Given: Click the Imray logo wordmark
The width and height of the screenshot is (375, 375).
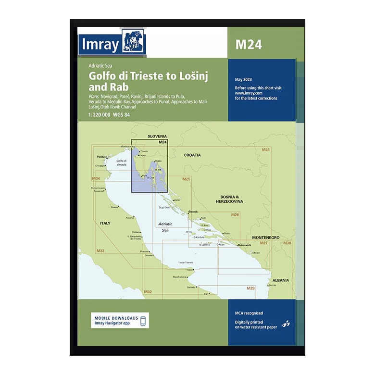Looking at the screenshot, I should [100, 45].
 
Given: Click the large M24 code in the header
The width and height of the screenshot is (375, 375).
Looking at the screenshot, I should [249, 44].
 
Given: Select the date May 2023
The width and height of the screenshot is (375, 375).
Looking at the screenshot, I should [243, 79].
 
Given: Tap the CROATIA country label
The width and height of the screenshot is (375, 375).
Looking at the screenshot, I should [192, 155].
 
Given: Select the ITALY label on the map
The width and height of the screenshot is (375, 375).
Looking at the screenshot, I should [105, 224].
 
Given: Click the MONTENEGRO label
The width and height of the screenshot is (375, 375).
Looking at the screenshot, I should [266, 237].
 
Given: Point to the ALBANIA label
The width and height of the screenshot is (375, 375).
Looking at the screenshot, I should [281, 280].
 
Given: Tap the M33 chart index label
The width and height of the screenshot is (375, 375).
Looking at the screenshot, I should [100, 251].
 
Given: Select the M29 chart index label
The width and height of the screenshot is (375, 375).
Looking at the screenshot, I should [250, 288].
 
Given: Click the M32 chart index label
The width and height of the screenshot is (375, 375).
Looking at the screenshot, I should [148, 292].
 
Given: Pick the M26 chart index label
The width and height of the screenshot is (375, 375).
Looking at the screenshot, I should [235, 214].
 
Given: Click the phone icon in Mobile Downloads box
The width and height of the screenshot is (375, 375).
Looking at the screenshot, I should [143, 321].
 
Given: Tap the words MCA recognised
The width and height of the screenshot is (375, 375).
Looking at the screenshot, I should [249, 313].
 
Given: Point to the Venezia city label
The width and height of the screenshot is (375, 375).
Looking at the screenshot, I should [101, 157].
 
